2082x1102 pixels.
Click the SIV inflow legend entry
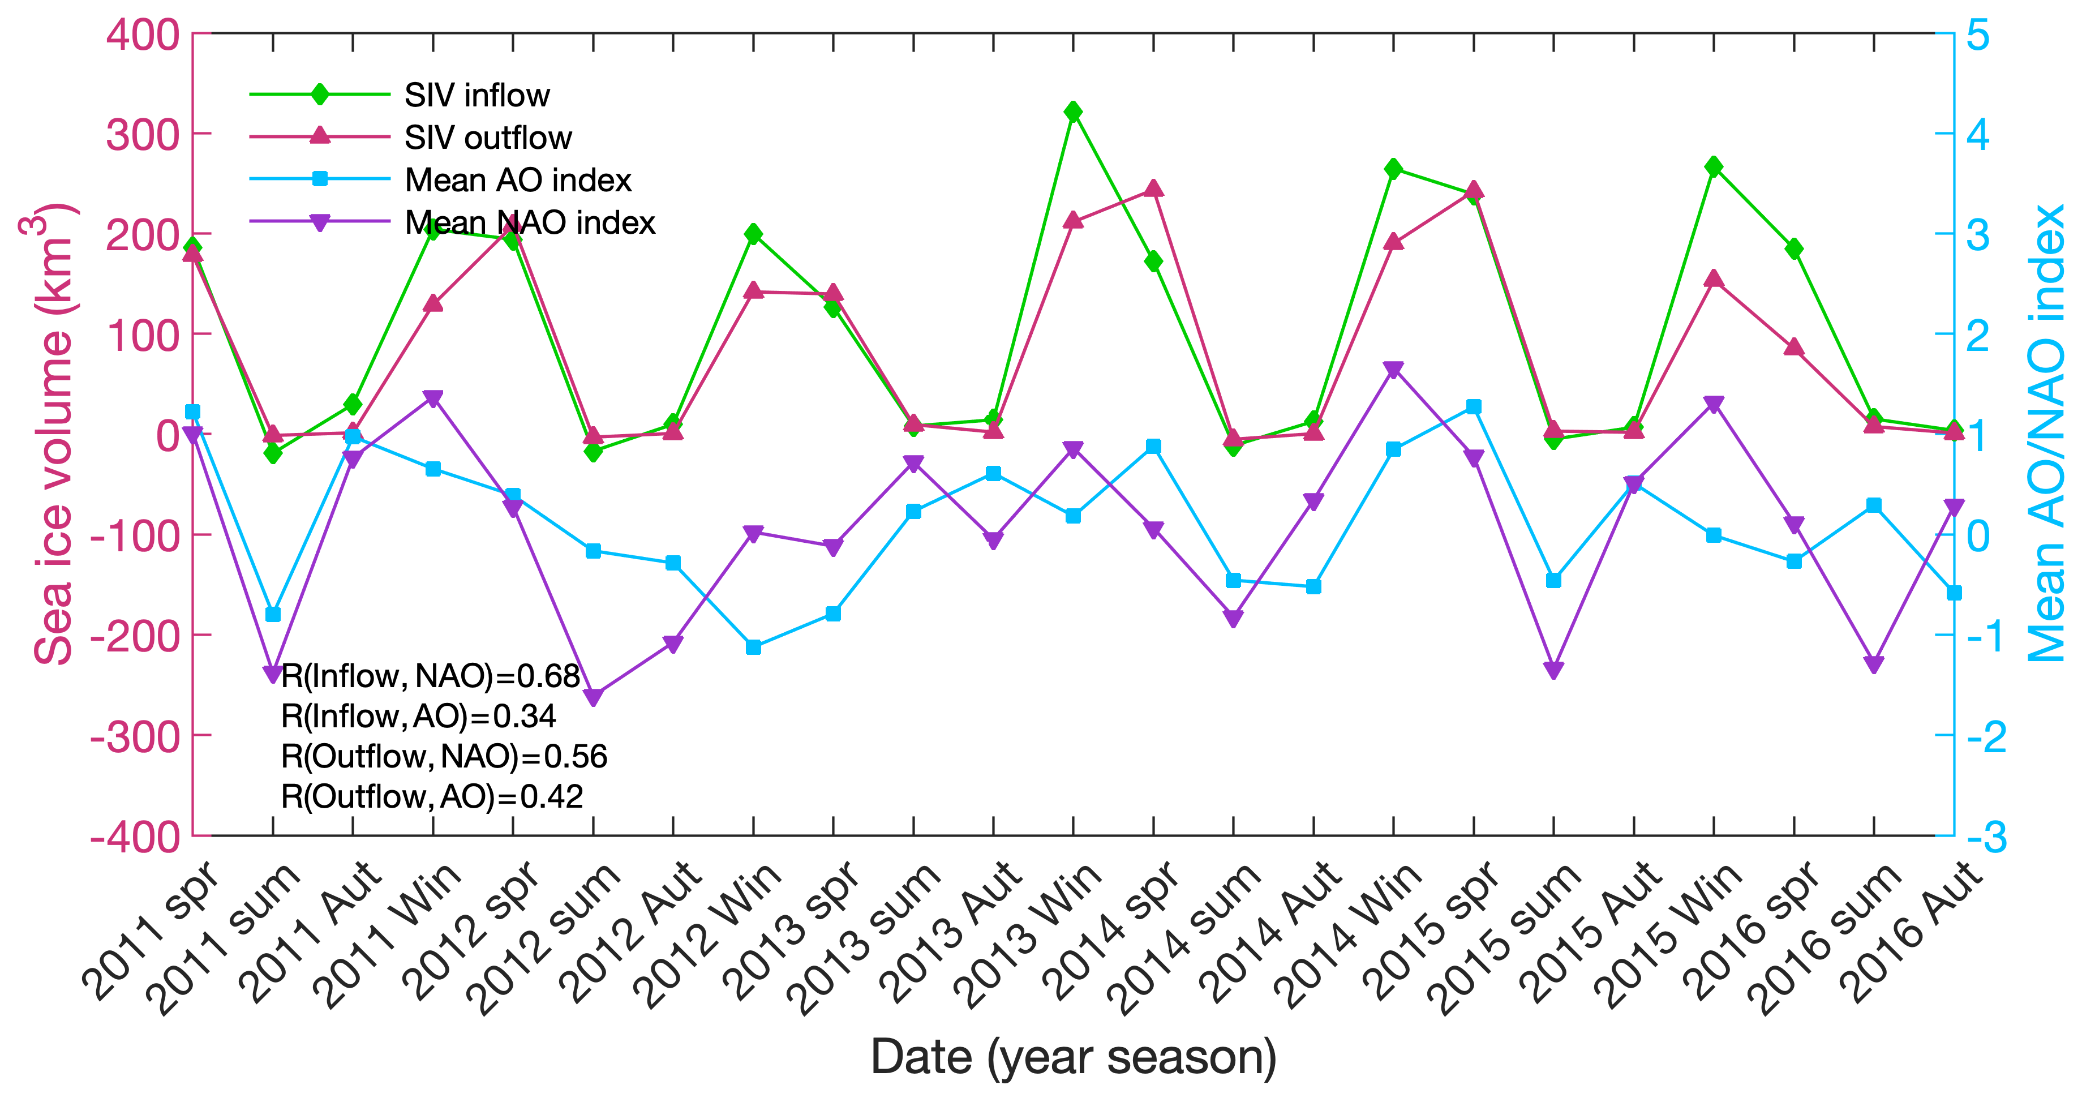477,96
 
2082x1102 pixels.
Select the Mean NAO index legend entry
529,222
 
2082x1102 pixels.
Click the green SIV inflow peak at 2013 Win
1074,112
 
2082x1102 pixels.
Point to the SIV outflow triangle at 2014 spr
1153,189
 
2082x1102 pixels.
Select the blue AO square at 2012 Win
753,647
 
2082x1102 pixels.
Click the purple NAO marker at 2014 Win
1393,370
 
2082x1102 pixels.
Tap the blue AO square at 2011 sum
273,615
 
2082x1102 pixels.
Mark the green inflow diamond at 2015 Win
1714,166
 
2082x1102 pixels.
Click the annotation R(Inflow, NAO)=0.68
430,676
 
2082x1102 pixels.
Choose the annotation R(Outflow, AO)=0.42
432,797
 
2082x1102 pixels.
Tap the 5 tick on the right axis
1978,35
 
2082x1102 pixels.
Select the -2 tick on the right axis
1985,736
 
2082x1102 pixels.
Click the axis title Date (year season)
1072,1057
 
